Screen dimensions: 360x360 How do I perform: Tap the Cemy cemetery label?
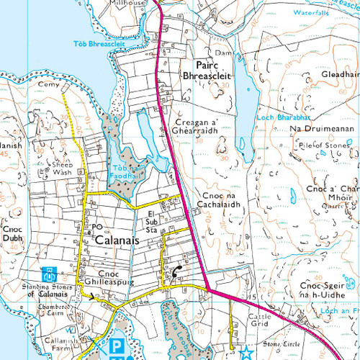pos(48,84)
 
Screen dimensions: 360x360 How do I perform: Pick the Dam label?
pos(222,51)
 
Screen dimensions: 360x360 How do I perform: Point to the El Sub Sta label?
pos(151,221)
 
